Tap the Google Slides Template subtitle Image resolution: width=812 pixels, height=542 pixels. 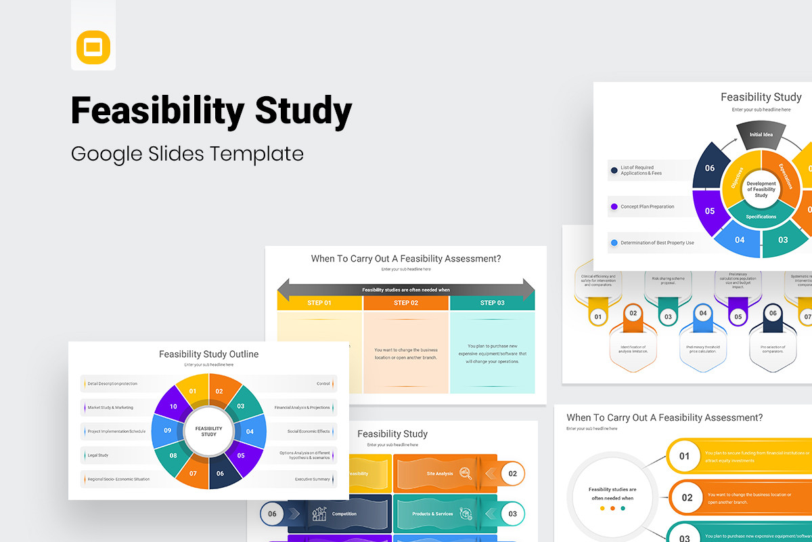[x=187, y=154]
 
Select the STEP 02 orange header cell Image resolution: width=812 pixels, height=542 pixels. [x=406, y=303]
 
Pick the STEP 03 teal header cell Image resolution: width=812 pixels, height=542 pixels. [x=492, y=303]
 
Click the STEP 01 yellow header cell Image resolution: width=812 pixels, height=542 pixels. [x=319, y=303]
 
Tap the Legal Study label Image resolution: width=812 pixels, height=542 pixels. [x=98, y=455]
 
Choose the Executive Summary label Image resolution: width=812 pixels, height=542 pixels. [x=312, y=479]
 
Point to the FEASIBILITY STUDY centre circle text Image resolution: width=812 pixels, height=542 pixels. [x=208, y=431]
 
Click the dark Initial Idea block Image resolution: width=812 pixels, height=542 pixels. [x=761, y=134]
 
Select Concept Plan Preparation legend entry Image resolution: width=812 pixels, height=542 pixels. [x=647, y=207]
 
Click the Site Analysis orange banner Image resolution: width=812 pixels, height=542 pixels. [x=440, y=474]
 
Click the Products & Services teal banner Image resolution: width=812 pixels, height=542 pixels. [x=433, y=514]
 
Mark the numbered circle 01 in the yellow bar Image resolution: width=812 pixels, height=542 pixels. [x=684, y=456]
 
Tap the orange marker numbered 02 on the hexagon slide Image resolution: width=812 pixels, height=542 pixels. [x=633, y=314]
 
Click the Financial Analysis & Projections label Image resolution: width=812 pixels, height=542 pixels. [x=302, y=408]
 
